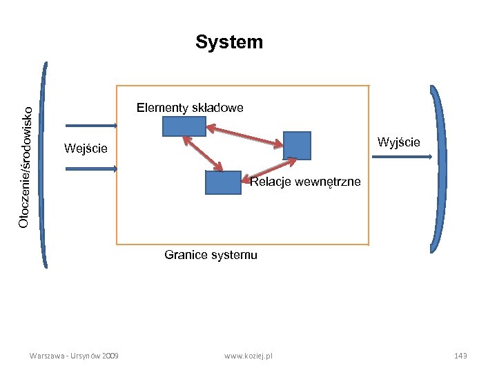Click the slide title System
(x=229, y=42)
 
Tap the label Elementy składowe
(x=190, y=108)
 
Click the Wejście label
(x=85, y=148)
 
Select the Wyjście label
(x=398, y=142)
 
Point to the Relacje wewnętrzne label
(x=305, y=182)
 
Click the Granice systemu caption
(x=211, y=255)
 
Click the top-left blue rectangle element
(x=184, y=126)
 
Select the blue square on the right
(x=298, y=146)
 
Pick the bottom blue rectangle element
(x=223, y=182)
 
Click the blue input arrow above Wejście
(x=91, y=126)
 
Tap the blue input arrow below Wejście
(x=91, y=168)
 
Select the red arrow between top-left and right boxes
(x=245, y=135)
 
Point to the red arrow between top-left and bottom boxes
(x=202, y=153)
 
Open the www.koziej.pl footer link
(x=248, y=355)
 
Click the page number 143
(x=460, y=355)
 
